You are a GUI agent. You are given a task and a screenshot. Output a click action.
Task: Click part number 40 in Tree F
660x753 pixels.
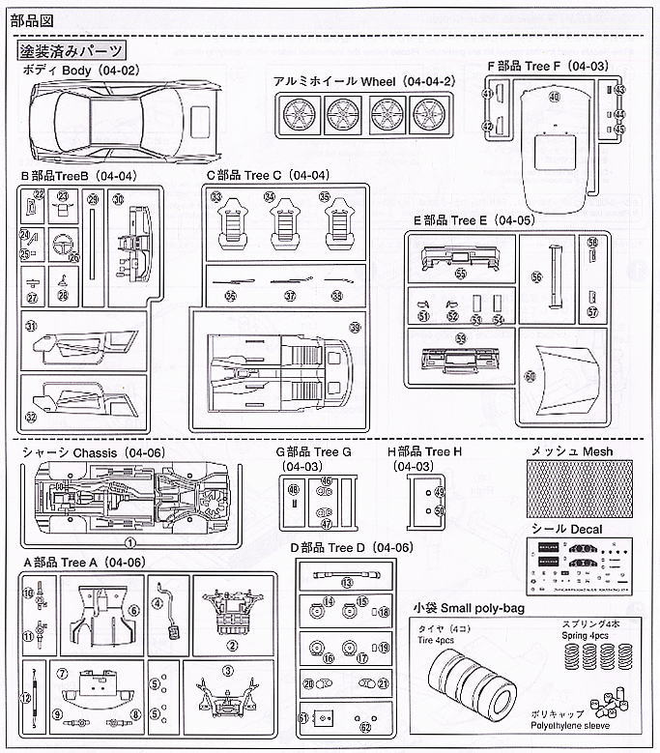pos(554,98)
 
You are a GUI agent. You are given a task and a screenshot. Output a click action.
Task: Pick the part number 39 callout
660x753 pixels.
pos(355,330)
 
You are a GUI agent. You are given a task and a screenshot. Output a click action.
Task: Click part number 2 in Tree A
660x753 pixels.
pos(233,645)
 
